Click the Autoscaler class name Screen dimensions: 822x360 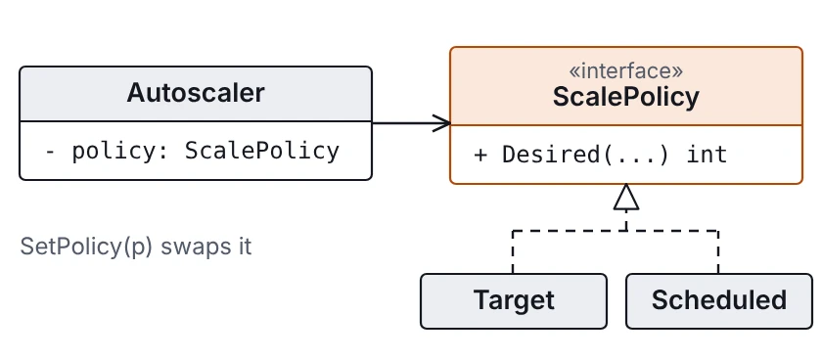point(196,93)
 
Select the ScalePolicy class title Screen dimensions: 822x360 point(626,97)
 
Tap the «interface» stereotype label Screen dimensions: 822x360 point(626,70)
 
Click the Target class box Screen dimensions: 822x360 point(514,301)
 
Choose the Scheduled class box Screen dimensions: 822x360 point(719,301)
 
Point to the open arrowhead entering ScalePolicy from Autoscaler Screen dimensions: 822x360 point(441,123)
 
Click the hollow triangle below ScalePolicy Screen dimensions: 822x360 point(626,197)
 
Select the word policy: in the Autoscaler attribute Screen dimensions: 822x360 point(120,152)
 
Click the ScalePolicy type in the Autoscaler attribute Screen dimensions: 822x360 point(262,151)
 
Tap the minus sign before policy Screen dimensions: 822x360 point(50,152)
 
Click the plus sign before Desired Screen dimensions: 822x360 point(480,156)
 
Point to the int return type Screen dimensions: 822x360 point(708,155)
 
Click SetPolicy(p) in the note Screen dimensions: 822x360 point(86,247)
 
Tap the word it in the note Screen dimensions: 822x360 point(243,247)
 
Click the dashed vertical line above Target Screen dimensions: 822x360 point(513,252)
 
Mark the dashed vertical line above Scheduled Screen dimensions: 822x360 point(718,252)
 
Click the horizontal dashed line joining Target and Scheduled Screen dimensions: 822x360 point(616,231)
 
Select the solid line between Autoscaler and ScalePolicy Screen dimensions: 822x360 point(411,123)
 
